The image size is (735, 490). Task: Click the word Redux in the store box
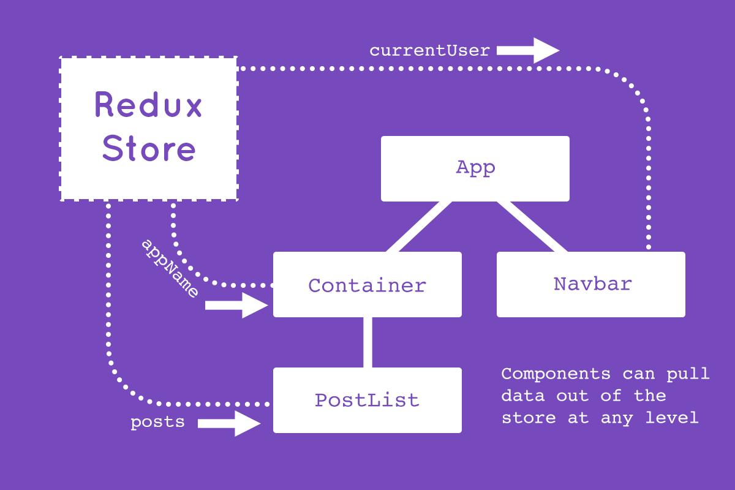pos(148,105)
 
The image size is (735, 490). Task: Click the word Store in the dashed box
pos(148,148)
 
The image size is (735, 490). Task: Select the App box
pos(475,168)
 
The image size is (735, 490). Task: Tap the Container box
pos(367,285)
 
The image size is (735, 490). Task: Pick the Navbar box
pos(591,284)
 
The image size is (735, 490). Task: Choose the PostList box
pos(367,401)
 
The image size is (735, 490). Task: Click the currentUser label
pos(429,51)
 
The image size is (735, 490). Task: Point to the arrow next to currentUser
pos(527,51)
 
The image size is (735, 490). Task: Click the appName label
pos(170,268)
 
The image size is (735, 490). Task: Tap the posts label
pos(157,423)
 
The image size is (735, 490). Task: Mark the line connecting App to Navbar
pos(531,227)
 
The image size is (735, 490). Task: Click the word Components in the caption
pos(556,374)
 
